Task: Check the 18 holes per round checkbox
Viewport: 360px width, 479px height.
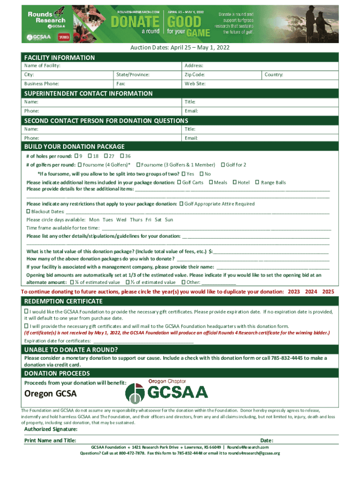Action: (x=89, y=156)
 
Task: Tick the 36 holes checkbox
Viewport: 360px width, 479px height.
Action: (x=122, y=156)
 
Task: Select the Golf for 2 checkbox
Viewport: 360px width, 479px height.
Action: (x=223, y=165)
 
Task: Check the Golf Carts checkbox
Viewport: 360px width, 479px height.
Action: (x=180, y=182)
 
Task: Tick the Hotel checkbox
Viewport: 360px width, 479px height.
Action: (x=234, y=182)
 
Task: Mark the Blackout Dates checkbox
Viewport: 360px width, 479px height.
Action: (x=29, y=211)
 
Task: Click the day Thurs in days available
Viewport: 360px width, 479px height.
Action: (x=136, y=219)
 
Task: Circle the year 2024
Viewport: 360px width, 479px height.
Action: (x=311, y=291)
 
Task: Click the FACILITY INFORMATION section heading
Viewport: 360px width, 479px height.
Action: (x=59, y=58)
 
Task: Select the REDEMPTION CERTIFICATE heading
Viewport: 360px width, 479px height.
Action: (x=63, y=301)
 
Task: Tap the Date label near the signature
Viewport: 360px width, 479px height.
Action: (x=266, y=441)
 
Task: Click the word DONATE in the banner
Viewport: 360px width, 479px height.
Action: (x=135, y=22)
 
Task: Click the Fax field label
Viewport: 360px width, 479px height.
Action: (x=121, y=84)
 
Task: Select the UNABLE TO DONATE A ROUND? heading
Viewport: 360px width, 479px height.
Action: (x=71, y=350)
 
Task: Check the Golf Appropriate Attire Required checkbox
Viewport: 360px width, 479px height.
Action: (x=182, y=204)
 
